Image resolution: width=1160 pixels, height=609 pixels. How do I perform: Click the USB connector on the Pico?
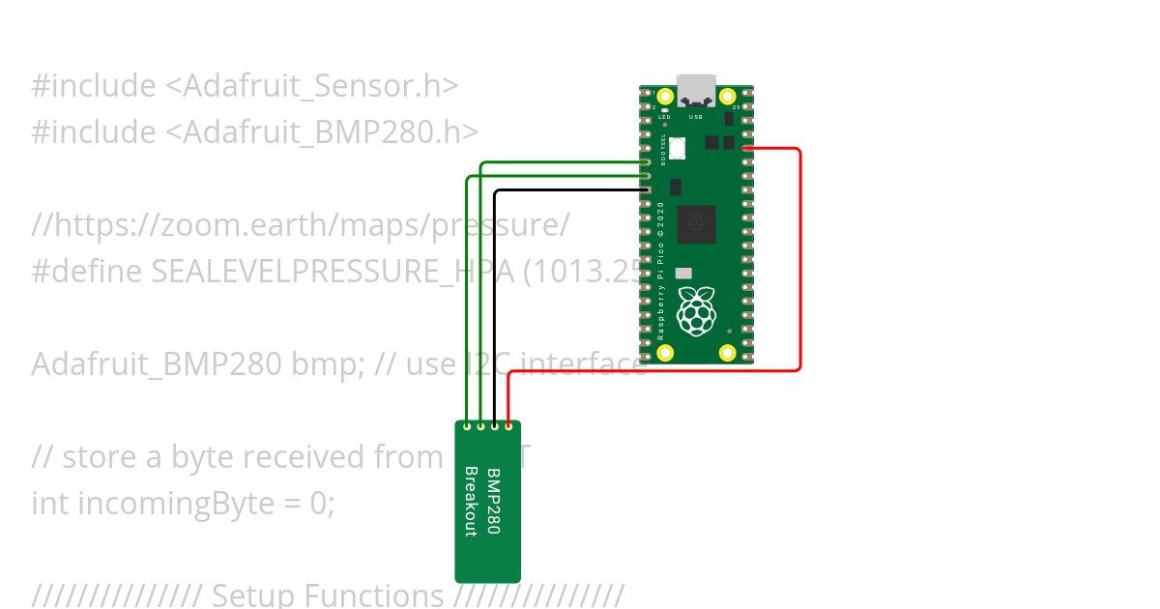pyautogui.click(x=696, y=91)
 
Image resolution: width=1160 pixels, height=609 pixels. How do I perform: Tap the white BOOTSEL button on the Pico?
pyautogui.click(x=679, y=148)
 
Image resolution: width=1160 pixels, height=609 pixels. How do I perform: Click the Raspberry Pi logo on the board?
pyautogui.click(x=695, y=312)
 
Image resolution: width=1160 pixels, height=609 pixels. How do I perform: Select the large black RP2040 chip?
pyautogui.click(x=695, y=224)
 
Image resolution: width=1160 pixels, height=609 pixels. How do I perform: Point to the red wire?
pyautogui.click(x=799, y=261)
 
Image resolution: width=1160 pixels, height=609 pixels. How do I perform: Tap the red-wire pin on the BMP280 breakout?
pyautogui.click(x=508, y=425)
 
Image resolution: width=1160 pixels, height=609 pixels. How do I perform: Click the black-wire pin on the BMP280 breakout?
pyautogui.click(x=495, y=425)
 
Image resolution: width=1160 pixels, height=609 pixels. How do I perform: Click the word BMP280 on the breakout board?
pyautogui.click(x=493, y=502)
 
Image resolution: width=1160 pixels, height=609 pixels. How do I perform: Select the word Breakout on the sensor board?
pyautogui.click(x=472, y=502)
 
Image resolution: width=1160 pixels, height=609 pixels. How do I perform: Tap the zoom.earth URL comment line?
pyautogui.click(x=301, y=225)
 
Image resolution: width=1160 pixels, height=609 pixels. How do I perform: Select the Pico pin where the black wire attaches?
pyautogui.click(x=646, y=190)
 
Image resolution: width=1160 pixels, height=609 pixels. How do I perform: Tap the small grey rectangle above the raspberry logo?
pyautogui.click(x=683, y=274)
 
